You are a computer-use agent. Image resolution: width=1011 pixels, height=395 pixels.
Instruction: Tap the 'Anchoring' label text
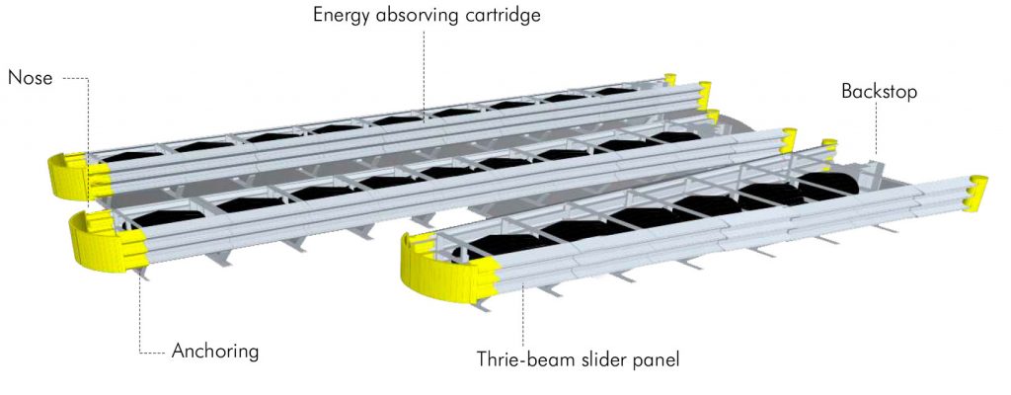pos(215,352)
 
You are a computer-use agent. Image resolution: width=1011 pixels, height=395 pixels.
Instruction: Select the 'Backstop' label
pos(879,92)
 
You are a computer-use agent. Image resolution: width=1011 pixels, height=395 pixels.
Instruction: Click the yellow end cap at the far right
pos(976,193)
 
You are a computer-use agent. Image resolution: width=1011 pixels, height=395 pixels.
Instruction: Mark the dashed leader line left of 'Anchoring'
pos(140,315)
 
